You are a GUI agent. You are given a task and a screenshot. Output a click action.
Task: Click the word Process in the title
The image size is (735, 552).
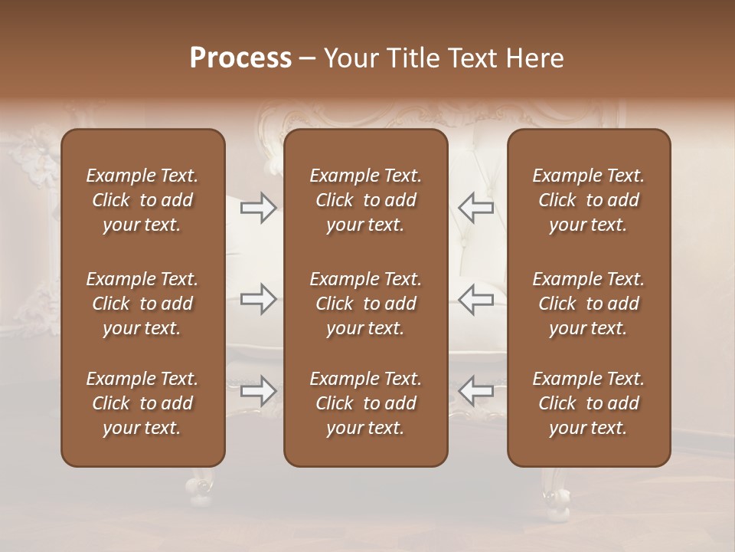(x=240, y=58)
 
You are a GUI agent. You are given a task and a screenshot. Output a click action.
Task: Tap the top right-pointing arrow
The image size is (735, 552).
(x=259, y=208)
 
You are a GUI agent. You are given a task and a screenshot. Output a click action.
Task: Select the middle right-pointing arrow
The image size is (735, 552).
(x=259, y=299)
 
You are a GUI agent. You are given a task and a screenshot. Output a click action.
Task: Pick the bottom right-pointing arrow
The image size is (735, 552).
(x=259, y=392)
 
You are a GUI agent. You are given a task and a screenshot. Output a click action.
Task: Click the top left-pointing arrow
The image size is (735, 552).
(x=475, y=208)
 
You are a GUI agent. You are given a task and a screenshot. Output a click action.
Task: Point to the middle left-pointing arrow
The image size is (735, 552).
(x=475, y=299)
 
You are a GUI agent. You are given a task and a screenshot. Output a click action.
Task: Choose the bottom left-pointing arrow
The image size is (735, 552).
(x=475, y=392)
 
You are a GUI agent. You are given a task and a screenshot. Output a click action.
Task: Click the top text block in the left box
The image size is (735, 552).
(x=142, y=200)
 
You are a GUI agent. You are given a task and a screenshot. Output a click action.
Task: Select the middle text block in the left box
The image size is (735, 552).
(x=142, y=304)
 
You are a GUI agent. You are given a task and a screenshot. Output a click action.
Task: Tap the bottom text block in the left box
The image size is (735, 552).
(x=142, y=403)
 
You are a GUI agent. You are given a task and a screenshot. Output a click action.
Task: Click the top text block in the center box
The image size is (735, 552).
(x=366, y=200)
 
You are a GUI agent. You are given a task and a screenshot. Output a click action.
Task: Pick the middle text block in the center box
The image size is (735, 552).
(x=366, y=304)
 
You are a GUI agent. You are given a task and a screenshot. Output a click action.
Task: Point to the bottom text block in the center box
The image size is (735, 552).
(x=366, y=403)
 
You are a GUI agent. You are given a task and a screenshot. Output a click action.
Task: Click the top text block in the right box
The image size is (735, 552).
(x=589, y=200)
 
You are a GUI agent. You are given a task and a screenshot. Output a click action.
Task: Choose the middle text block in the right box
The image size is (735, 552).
(x=589, y=304)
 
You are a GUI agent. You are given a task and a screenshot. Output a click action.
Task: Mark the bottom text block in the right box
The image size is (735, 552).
(x=589, y=403)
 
